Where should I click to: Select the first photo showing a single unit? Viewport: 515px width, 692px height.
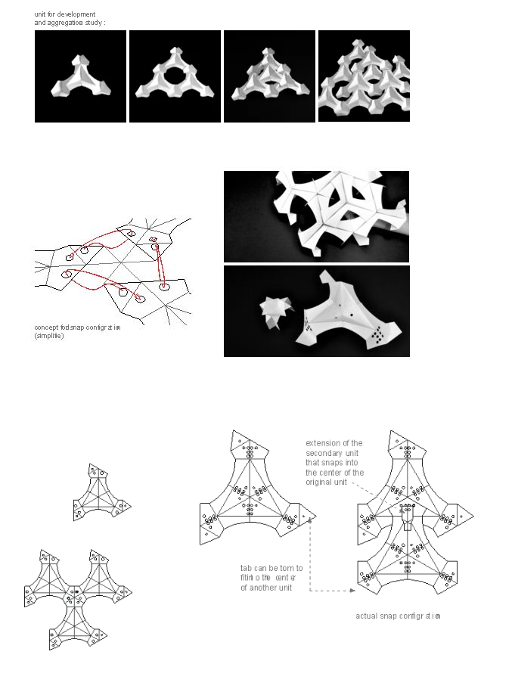click(x=80, y=76)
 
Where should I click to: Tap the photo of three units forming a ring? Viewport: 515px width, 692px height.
click(x=175, y=76)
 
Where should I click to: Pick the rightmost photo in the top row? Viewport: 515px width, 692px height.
click(x=364, y=76)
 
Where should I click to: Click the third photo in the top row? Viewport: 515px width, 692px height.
click(x=269, y=76)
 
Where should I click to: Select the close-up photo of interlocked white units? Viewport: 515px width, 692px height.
click(x=316, y=216)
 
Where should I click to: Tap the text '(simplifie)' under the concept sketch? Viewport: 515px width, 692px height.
click(x=49, y=336)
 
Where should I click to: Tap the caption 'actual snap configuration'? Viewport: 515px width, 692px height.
click(x=397, y=616)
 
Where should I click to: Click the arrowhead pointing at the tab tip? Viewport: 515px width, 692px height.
click(x=311, y=521)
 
